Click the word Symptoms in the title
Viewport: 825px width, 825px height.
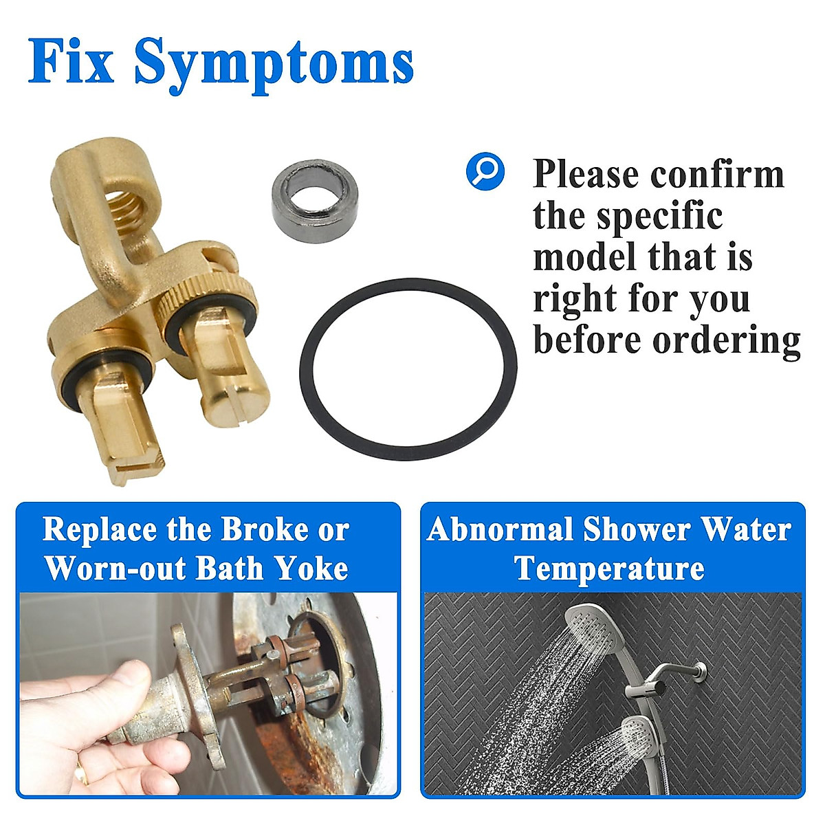pos(274,63)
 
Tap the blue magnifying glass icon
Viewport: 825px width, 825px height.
pos(485,170)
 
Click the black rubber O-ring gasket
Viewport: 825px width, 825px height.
pos(408,369)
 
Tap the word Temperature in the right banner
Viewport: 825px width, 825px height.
pos(610,569)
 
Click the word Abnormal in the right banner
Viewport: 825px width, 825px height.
pos(500,530)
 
